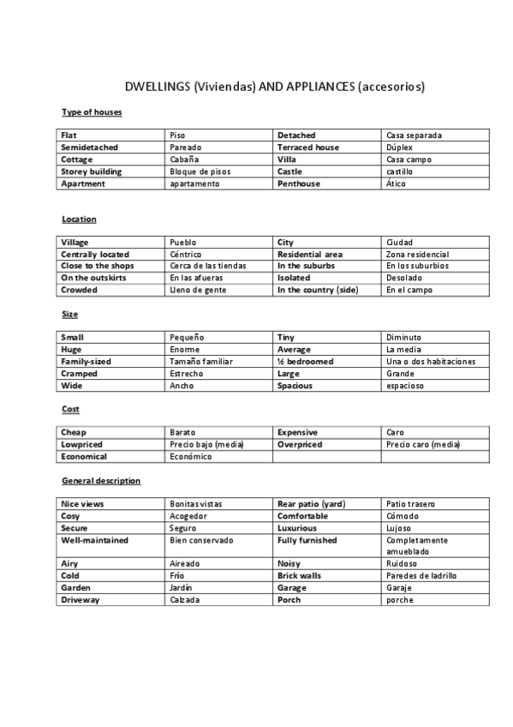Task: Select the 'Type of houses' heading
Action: coord(92,112)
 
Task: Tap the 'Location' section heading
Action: coord(79,219)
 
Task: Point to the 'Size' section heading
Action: coord(69,315)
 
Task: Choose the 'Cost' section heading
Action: coord(70,410)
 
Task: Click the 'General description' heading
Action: coord(101,481)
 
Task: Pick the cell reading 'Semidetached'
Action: coord(91,147)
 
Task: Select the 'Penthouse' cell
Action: coord(299,183)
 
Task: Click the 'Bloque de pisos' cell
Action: coord(200,171)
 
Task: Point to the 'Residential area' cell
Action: coord(309,255)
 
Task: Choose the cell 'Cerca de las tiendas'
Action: coord(208,266)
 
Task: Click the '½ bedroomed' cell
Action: coord(305,362)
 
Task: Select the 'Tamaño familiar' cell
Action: coord(201,362)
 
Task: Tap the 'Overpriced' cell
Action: coord(300,445)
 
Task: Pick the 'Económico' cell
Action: coord(191,457)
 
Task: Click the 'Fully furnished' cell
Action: coord(307,541)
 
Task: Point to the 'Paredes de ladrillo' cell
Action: coord(421,576)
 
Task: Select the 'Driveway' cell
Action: coord(81,600)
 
